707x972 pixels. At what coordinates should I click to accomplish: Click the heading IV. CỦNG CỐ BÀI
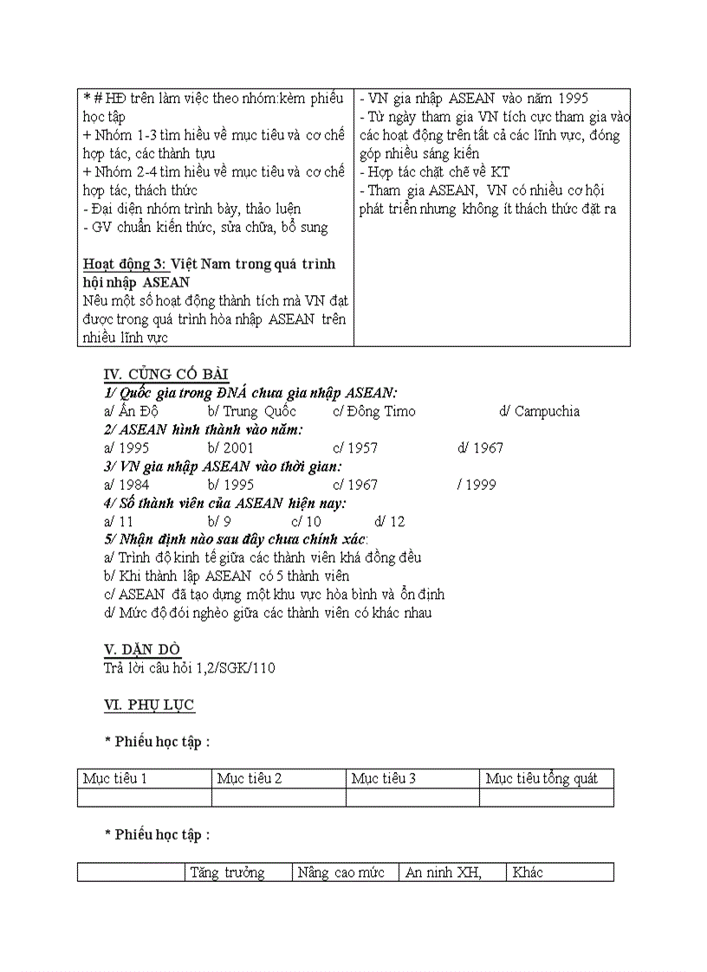point(165,374)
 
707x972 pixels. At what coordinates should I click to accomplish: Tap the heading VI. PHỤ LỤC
point(149,705)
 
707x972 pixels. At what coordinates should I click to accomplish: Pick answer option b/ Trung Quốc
point(251,411)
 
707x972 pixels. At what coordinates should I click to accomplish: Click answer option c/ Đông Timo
point(373,411)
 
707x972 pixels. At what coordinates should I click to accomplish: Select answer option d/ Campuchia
point(539,411)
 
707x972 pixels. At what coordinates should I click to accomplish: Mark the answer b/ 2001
point(230,448)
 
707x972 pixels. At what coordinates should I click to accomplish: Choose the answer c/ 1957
point(355,448)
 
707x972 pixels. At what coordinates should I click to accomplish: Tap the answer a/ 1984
point(126,485)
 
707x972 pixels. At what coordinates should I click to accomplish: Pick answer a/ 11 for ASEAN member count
point(119,522)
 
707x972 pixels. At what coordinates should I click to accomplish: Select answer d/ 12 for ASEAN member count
point(390,522)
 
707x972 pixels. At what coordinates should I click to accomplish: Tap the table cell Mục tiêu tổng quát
point(542,778)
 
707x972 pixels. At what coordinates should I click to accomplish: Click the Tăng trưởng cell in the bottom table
point(228,872)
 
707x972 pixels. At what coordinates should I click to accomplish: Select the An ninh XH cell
point(444,872)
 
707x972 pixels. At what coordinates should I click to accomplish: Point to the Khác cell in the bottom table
point(528,872)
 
